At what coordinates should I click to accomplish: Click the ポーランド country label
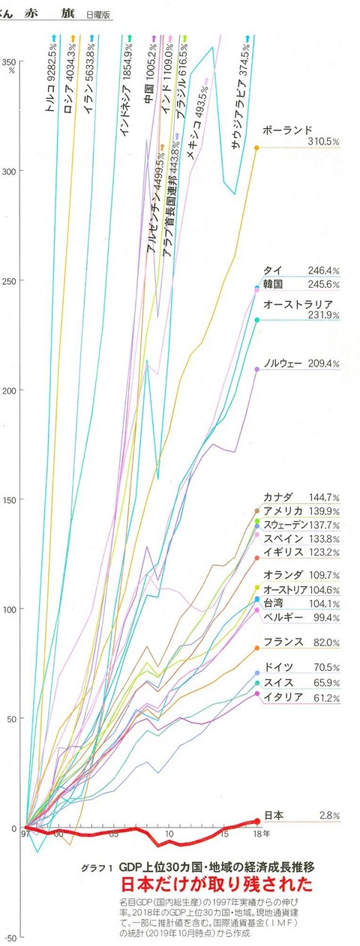[287, 130]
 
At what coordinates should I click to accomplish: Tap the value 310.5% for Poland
[323, 142]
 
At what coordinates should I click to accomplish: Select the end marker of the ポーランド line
[256, 148]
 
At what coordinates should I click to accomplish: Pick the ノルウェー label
[283, 364]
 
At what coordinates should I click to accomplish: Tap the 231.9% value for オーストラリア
[324, 315]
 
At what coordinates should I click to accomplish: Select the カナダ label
[278, 497]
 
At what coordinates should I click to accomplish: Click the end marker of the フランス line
[257, 648]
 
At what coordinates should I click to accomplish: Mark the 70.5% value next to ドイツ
[326, 668]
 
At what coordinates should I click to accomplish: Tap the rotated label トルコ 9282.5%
[52, 79]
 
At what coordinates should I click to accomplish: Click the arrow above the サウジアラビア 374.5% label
[247, 39]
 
